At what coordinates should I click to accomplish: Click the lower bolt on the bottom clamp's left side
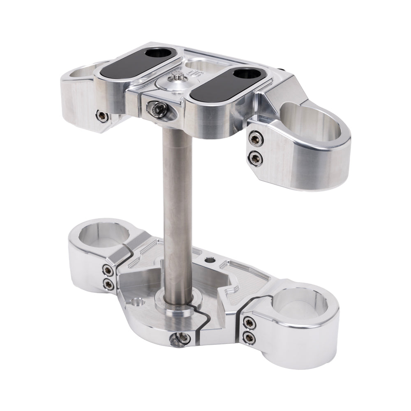tap(109, 283)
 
